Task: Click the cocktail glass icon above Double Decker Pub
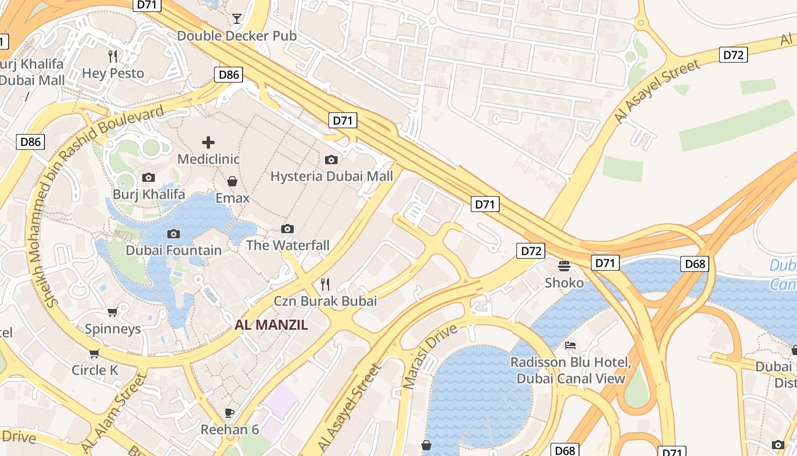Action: [236, 19]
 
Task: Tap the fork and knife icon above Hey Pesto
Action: [113, 56]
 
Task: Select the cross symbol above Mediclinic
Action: [208, 142]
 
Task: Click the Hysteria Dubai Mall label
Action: [331, 176]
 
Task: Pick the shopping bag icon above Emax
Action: [232, 181]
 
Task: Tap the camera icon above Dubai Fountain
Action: [174, 234]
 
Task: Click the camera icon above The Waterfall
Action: [287, 229]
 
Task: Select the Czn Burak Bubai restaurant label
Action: [325, 301]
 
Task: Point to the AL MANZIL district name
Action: [272, 325]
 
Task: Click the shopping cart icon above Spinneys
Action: [113, 312]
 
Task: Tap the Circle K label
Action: [95, 370]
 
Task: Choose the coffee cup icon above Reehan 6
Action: [229, 412]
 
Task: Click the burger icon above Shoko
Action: [564, 266]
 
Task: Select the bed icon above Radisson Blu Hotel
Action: [570, 345]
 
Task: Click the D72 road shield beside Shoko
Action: [531, 250]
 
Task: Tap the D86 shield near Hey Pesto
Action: [229, 74]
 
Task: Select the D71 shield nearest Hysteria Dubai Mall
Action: [343, 120]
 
